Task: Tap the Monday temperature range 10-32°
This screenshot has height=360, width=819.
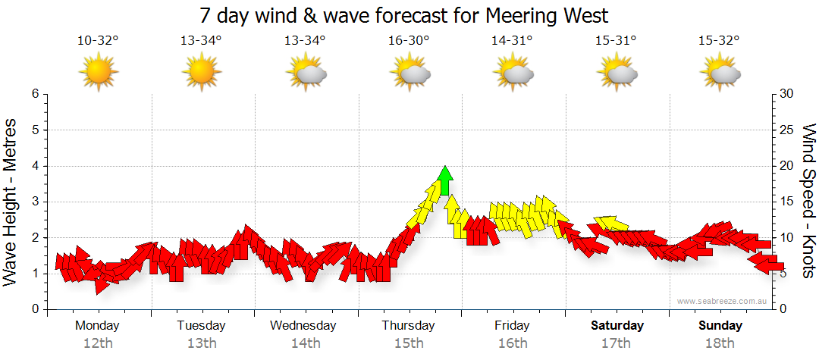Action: pyautogui.click(x=98, y=41)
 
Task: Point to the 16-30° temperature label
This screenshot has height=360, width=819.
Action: pyautogui.click(x=409, y=41)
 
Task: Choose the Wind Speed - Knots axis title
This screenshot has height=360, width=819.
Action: pyautogui.click(x=807, y=201)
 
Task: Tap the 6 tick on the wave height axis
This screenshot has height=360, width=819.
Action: pyautogui.click(x=34, y=94)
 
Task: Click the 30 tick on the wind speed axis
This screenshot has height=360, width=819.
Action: pyautogui.click(x=787, y=94)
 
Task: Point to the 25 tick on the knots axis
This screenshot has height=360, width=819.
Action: pyautogui.click(x=787, y=130)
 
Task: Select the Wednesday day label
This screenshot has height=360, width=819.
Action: pyautogui.click(x=303, y=326)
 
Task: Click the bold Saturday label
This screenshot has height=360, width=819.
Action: pyautogui.click(x=617, y=326)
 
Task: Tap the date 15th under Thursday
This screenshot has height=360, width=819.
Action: pyautogui.click(x=409, y=343)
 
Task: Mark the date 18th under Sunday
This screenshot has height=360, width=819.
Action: pyautogui.click(x=720, y=343)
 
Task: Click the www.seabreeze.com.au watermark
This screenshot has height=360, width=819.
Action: pyautogui.click(x=723, y=302)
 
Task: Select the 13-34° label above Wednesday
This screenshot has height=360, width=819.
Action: pyautogui.click(x=305, y=41)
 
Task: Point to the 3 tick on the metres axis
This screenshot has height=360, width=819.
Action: pyautogui.click(x=34, y=202)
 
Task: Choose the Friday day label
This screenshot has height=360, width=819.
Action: pyautogui.click(x=512, y=326)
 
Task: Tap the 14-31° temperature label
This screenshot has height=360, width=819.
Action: pyautogui.click(x=513, y=41)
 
